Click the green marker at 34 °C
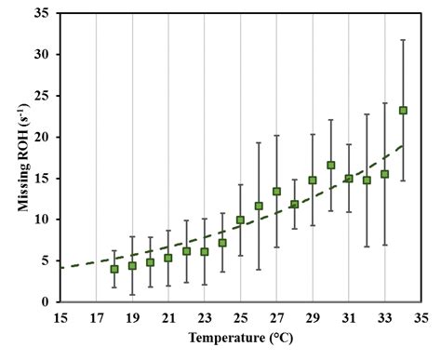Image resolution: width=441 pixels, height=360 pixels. (x=403, y=110)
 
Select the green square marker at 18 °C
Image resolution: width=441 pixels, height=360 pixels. (x=114, y=269)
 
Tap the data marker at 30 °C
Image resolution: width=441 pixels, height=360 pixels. (x=331, y=165)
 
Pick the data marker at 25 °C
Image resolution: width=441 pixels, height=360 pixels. (x=241, y=220)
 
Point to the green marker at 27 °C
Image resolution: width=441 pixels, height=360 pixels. (x=276, y=191)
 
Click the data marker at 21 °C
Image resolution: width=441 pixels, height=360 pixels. (x=168, y=258)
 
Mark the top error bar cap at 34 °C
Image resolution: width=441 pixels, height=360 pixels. (x=403, y=40)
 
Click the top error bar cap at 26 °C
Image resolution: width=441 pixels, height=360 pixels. (x=259, y=142)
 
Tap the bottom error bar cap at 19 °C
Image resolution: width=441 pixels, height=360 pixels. (x=132, y=295)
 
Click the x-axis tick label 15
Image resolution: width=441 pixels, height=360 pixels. (x=60, y=317)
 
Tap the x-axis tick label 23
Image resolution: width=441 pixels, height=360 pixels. (x=205, y=317)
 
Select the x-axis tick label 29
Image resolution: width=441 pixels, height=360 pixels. (x=313, y=317)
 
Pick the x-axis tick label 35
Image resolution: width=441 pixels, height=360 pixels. (x=421, y=317)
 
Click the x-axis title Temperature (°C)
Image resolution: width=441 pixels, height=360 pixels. (x=240, y=339)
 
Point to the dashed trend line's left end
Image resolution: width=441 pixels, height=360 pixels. (x=61, y=267)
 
